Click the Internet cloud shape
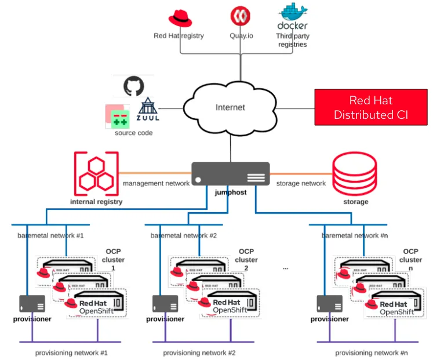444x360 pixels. (x=230, y=107)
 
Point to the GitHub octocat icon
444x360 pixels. (x=134, y=86)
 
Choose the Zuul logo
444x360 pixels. (x=148, y=110)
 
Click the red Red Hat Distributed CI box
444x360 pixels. (x=370, y=107)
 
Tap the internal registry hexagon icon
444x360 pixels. (x=96, y=173)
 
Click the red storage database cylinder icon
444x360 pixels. (x=355, y=174)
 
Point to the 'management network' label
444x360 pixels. (x=156, y=184)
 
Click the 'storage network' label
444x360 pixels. (x=300, y=184)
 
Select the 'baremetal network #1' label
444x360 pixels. (x=50, y=236)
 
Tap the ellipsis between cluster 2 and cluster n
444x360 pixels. (x=285, y=268)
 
